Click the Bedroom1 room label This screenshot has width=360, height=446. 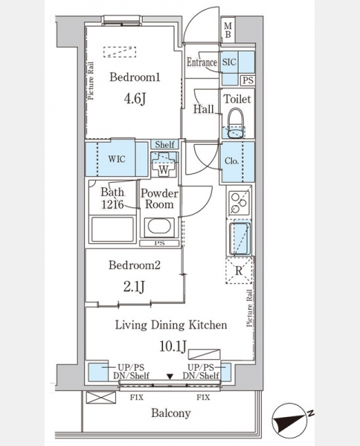pyautogui.click(x=135, y=77)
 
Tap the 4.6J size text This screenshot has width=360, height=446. pyautogui.click(x=135, y=99)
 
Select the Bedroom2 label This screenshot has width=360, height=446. pyautogui.click(x=135, y=265)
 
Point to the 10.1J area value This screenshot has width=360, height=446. pyautogui.click(x=173, y=346)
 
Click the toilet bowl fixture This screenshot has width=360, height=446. pyautogui.click(x=236, y=123)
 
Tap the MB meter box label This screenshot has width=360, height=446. pyautogui.click(x=228, y=30)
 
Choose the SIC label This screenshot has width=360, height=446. pyautogui.click(x=229, y=62)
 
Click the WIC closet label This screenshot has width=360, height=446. pyautogui.click(x=117, y=159)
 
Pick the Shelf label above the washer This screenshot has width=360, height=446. pyautogui.click(x=164, y=144)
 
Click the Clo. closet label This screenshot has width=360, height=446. pyautogui.click(x=231, y=161)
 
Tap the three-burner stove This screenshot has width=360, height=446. pyautogui.click(x=239, y=202)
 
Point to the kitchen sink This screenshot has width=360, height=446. pyautogui.click(x=240, y=239)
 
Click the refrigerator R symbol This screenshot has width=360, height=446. pyautogui.click(x=239, y=271)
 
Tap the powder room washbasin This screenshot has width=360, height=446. pyautogui.click(x=159, y=227)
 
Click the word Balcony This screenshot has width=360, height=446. pyautogui.click(x=171, y=413)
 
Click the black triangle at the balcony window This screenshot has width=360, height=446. pyautogui.click(x=170, y=377)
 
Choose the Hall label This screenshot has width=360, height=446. pyautogui.click(x=203, y=109)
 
